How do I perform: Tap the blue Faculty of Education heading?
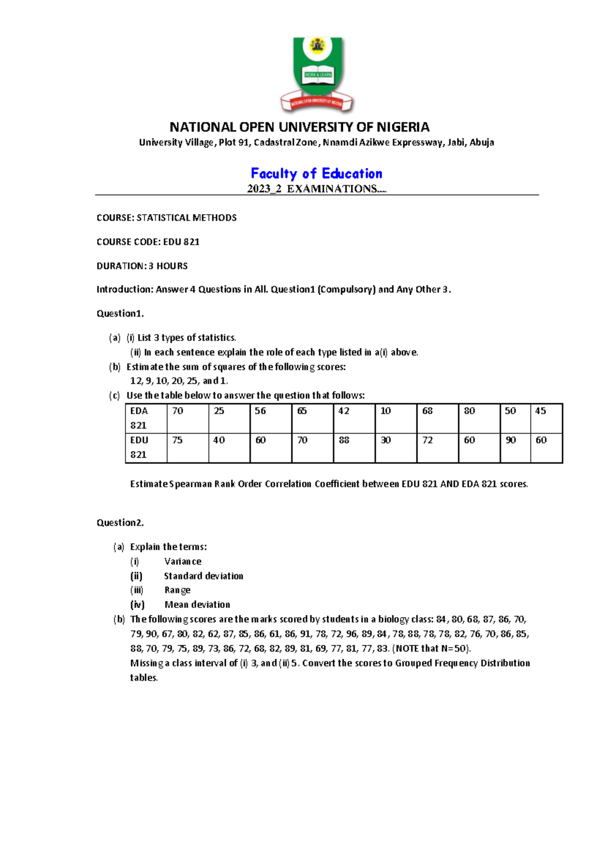pos(317,173)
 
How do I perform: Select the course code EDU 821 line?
pos(148,242)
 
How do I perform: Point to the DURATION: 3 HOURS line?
pos(142,266)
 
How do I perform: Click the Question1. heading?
pos(120,314)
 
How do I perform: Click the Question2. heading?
pos(120,523)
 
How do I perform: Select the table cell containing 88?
pos(353,447)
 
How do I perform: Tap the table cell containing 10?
pos(395,418)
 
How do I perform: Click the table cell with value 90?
pos(515,447)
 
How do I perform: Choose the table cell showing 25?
pos(228,418)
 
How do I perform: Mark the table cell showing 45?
pos(546,418)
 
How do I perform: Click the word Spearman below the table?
pos(190,484)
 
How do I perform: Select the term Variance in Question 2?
pos(183,562)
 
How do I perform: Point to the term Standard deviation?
pos(203,576)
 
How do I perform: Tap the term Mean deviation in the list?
pos(197,605)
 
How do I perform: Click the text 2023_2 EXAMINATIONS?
pos(316,189)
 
